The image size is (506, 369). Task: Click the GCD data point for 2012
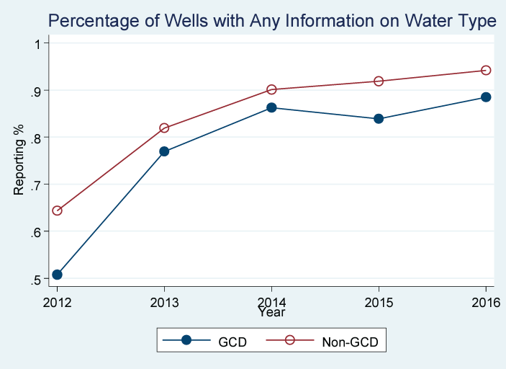click(x=57, y=275)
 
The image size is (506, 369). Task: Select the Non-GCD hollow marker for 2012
click(x=57, y=210)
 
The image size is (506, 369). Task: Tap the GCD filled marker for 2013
click(x=164, y=151)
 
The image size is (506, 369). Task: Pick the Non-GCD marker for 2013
click(x=164, y=128)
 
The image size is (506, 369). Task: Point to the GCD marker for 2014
click(x=271, y=107)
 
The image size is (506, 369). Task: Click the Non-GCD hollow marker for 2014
click(x=271, y=89)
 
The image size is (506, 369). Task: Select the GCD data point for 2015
click(x=379, y=119)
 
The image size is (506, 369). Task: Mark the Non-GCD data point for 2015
click(x=379, y=81)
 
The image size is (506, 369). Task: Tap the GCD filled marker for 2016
click(x=486, y=97)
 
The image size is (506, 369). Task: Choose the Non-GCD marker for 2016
click(x=486, y=70)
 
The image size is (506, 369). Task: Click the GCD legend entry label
click(x=232, y=342)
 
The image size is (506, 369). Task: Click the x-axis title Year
click(x=271, y=313)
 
